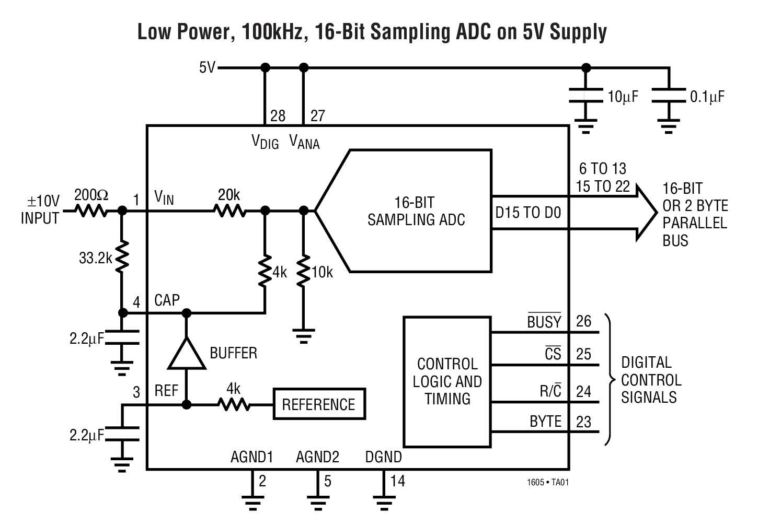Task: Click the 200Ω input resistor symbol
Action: (x=91, y=211)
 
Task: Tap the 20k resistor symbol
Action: (x=229, y=211)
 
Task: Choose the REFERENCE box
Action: (x=319, y=404)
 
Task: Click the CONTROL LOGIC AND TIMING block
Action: (x=447, y=381)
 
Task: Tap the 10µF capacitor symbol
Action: (x=585, y=96)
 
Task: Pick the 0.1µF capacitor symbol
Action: (x=669, y=96)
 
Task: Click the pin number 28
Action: (x=278, y=116)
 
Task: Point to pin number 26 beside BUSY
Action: (x=583, y=321)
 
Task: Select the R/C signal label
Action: (x=550, y=391)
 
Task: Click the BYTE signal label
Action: (x=545, y=422)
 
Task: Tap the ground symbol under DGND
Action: (x=384, y=503)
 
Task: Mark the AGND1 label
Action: (x=252, y=457)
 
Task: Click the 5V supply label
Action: (x=207, y=68)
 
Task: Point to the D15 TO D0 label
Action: (x=528, y=213)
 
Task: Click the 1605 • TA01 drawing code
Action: (x=547, y=482)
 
